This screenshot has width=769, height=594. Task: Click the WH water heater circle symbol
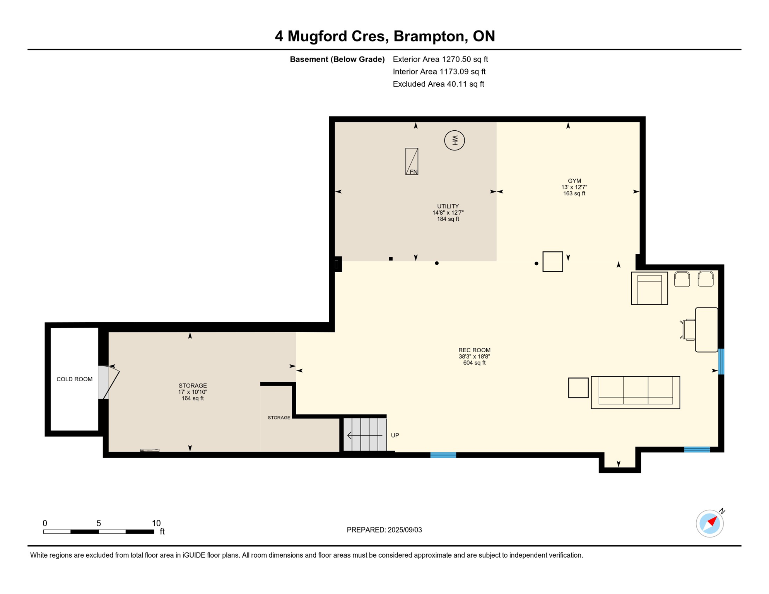(x=454, y=140)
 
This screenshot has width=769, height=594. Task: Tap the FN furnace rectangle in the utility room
(x=412, y=161)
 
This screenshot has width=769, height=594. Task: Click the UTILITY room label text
(x=448, y=207)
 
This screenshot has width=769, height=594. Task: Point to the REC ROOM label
(x=474, y=350)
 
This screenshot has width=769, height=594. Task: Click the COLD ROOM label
(x=74, y=379)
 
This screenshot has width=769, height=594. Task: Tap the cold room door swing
(x=111, y=383)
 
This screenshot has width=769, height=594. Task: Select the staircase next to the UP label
(x=365, y=434)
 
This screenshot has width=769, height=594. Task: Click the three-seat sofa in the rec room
(x=635, y=392)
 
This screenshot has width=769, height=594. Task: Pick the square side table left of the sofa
(x=578, y=388)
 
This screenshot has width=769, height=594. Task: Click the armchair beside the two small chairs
(x=649, y=288)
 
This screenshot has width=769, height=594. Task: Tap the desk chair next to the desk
(x=688, y=330)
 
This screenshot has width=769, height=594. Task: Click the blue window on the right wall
(x=721, y=362)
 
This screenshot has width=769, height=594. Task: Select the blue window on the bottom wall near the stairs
(x=443, y=455)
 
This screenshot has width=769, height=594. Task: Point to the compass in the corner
(x=709, y=524)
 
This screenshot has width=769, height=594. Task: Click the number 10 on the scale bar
(x=156, y=523)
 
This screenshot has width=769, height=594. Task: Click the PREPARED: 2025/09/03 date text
(x=384, y=530)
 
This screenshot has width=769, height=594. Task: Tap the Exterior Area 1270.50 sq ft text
(x=440, y=59)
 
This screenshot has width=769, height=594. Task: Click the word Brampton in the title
(x=429, y=36)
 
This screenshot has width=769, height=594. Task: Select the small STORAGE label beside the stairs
(x=279, y=418)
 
